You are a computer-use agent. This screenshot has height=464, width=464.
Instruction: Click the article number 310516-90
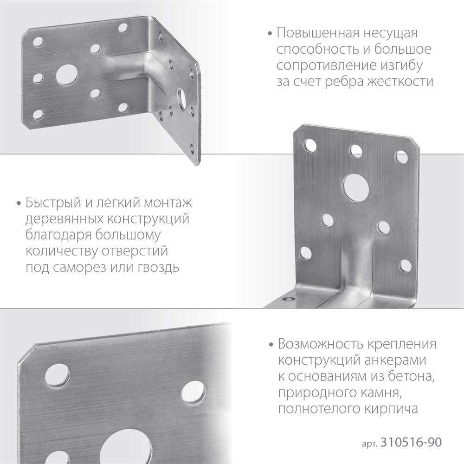410,442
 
